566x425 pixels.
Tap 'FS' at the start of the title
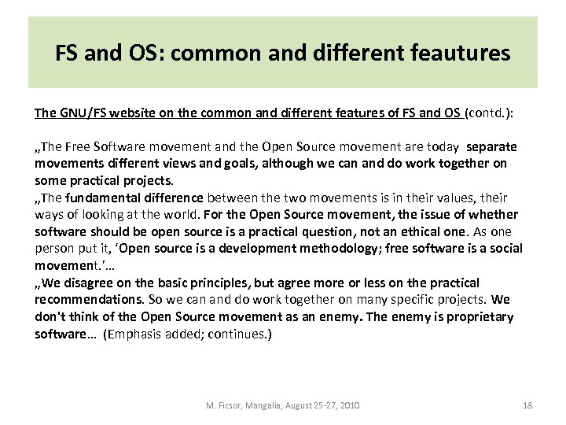[67, 54]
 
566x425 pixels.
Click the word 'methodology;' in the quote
[337, 247]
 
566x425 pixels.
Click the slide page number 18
[527, 404]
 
